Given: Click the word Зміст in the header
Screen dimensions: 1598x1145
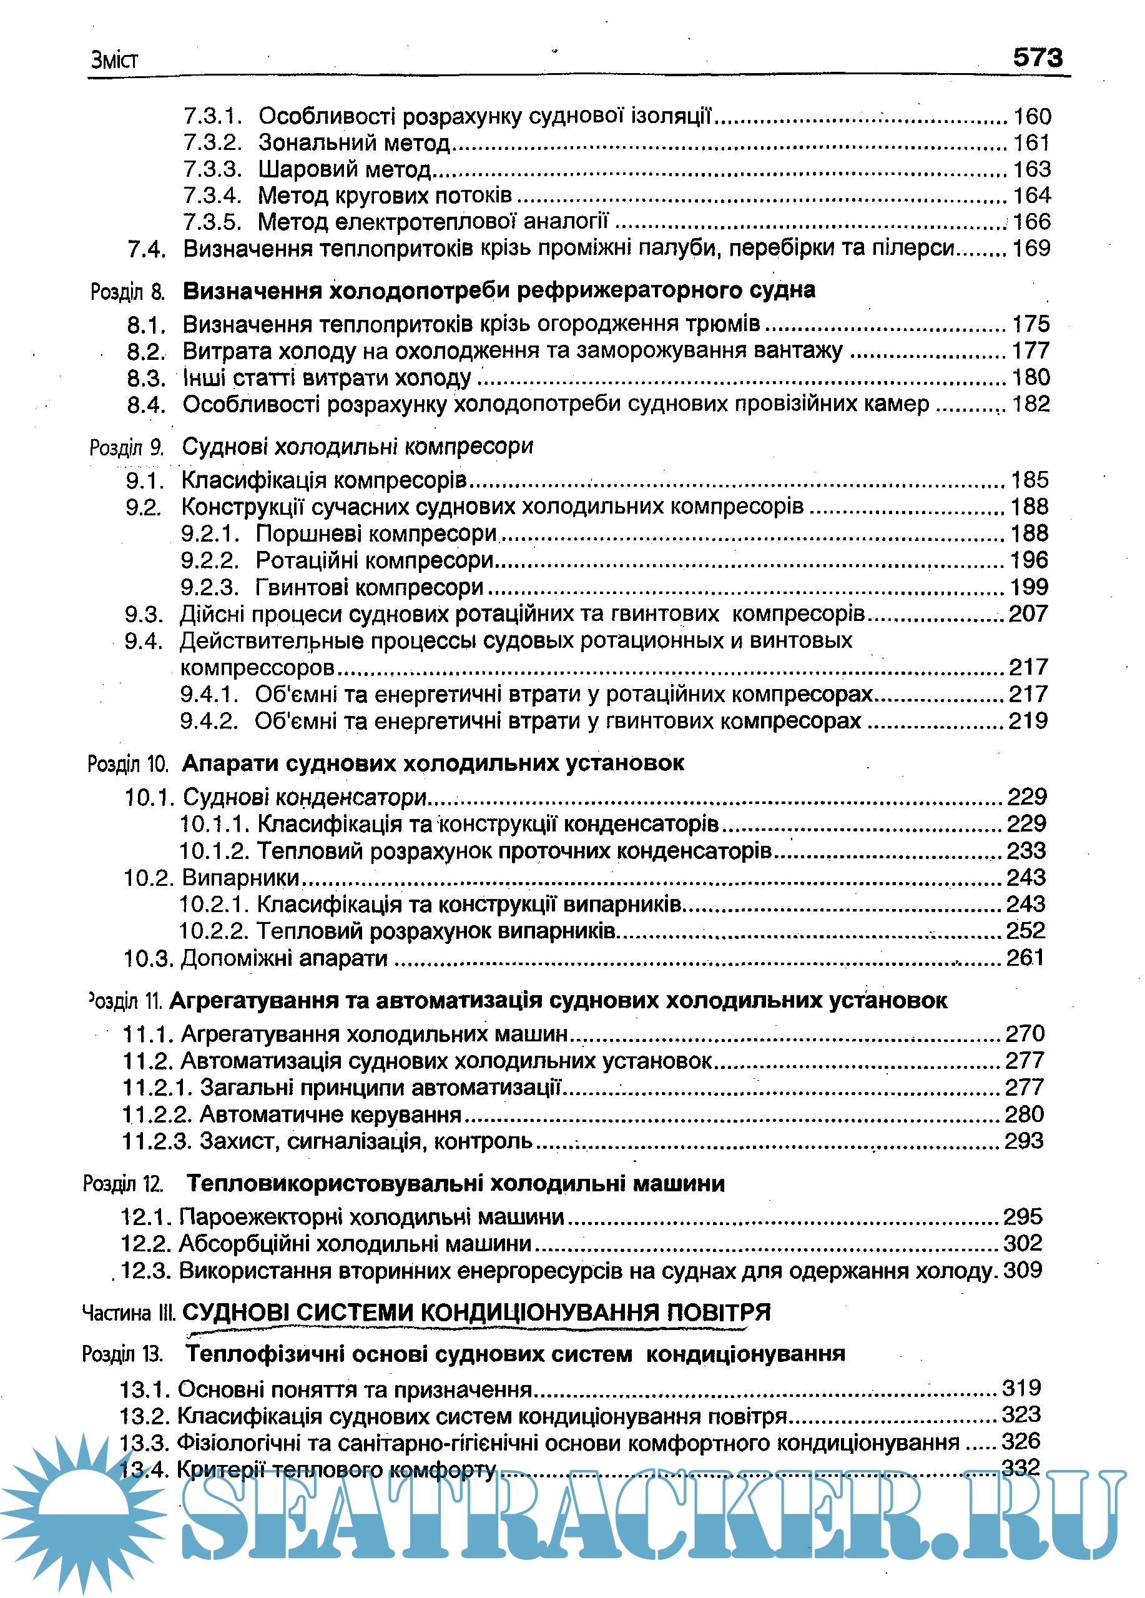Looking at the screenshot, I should point(114,60).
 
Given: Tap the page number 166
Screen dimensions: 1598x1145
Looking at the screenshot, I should point(1031,222).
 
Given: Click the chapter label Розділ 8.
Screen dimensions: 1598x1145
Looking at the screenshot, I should point(127,292).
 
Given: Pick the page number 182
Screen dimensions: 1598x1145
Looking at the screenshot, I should point(1030,404).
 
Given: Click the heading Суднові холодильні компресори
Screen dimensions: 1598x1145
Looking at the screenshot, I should point(357,446).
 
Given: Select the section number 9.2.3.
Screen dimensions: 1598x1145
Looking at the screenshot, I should point(210,587).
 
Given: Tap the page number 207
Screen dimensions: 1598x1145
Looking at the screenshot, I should point(1028,613).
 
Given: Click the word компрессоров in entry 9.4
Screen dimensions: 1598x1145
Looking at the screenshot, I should point(257,667).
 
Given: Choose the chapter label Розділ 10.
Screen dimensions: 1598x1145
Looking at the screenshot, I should point(127,764).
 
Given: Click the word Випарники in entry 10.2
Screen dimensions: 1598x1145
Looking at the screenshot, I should point(241,877).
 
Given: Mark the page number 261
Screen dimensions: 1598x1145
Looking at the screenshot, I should point(1025,958).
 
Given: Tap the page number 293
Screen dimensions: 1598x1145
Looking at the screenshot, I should point(1024,1141).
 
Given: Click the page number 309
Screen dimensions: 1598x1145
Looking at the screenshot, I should point(1023,1271).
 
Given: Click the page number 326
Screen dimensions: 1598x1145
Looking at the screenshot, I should point(1020,1442).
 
